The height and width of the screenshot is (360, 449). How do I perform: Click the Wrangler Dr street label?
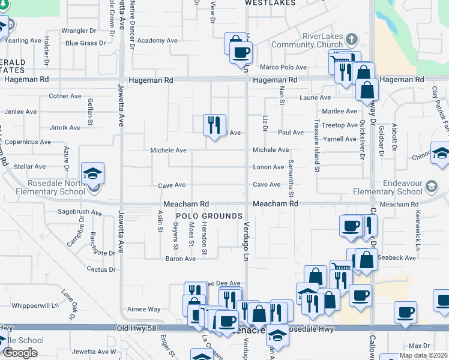(79, 31)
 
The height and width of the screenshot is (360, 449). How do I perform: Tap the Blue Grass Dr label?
(85, 43)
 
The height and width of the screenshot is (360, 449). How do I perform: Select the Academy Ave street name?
(157, 41)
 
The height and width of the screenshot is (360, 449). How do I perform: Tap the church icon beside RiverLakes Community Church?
(352, 40)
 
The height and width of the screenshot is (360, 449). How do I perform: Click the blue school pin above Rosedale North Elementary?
(93, 174)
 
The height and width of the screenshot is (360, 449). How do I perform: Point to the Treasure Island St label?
(316, 144)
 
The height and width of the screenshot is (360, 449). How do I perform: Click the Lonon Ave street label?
(268, 167)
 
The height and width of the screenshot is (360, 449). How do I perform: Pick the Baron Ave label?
(181, 259)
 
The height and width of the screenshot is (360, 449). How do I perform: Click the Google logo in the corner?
(20, 353)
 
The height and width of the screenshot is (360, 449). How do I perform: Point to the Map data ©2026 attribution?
(424, 355)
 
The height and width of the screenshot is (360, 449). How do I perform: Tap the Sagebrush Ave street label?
(80, 212)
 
